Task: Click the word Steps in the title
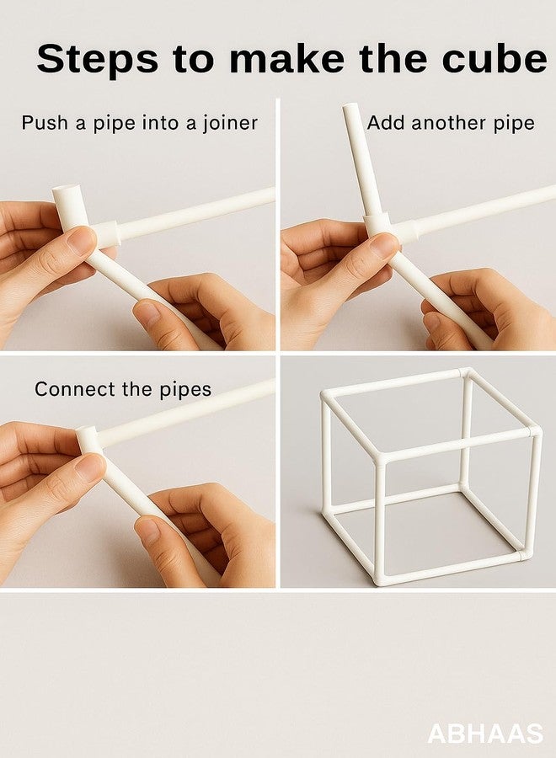click(97, 58)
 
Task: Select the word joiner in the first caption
click(230, 123)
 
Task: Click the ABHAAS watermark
click(485, 734)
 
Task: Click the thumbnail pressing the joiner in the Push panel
click(80, 239)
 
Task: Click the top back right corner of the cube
click(466, 374)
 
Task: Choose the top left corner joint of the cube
click(327, 397)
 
